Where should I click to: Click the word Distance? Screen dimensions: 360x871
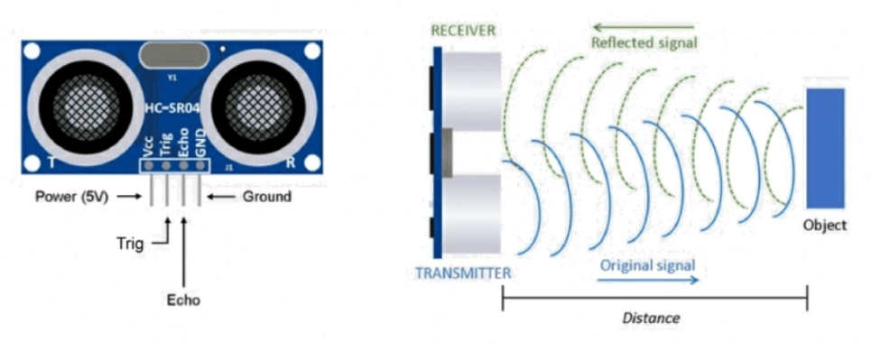click(x=651, y=318)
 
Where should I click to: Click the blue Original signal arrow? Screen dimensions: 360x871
click(x=649, y=281)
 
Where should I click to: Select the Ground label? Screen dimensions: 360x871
click(x=267, y=197)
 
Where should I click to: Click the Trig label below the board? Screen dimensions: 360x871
click(x=130, y=243)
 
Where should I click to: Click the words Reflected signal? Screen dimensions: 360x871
click(x=644, y=42)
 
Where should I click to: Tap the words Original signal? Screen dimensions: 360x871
click(x=648, y=265)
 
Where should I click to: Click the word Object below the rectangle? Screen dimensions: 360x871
click(x=825, y=225)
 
